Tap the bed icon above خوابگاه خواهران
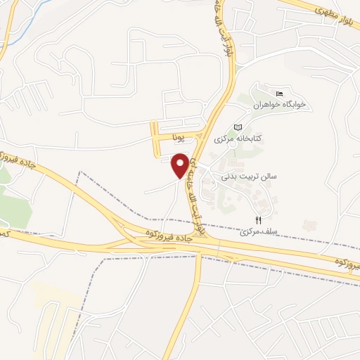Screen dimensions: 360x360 tap(279, 94)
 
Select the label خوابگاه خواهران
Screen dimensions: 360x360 tap(281, 104)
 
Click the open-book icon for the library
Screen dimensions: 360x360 tap(238, 127)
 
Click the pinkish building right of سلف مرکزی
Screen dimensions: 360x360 tap(307, 226)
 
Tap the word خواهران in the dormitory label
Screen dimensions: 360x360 tap(267, 104)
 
